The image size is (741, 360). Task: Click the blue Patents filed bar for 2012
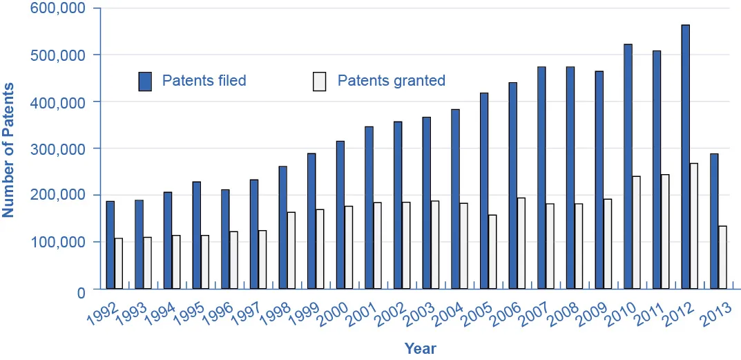[x=685, y=157]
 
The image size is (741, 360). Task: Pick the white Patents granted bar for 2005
[x=492, y=252]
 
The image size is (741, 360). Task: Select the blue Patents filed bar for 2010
[x=628, y=167]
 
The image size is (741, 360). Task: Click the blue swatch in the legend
[x=144, y=81]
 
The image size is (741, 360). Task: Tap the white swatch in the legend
[x=319, y=81]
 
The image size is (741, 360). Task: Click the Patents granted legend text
[x=391, y=81]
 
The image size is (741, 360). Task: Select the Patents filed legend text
[x=204, y=81]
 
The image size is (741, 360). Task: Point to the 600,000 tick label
[x=57, y=8]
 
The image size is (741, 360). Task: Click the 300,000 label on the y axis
[x=57, y=149]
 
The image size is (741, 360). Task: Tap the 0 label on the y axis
[x=80, y=292]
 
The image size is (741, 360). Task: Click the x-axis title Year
[x=420, y=348]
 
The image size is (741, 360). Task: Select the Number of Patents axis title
[x=9, y=149]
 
